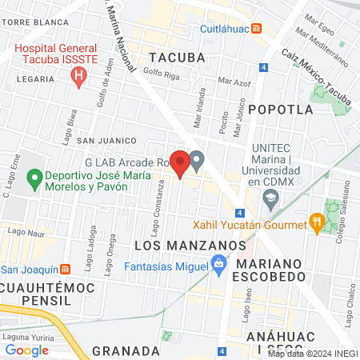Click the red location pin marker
pos(180,163)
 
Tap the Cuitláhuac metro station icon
pos(256,28)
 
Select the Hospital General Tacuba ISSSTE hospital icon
pos(78,77)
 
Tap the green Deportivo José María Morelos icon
pos(34,178)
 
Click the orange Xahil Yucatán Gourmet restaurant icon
pos(317,223)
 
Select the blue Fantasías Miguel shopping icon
pos(218,263)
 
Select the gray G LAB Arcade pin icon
pos(196,162)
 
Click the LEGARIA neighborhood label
pos(34,79)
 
